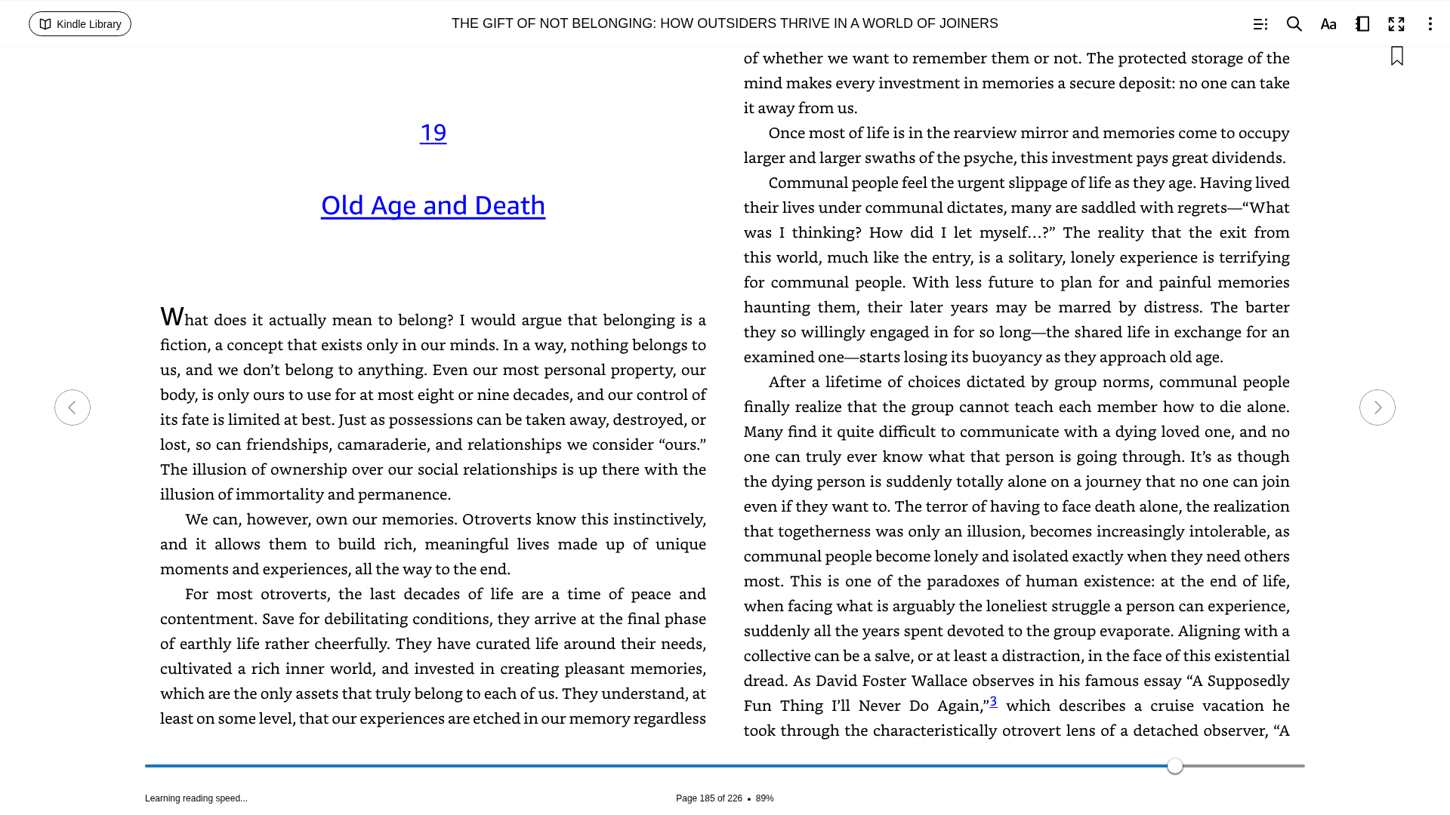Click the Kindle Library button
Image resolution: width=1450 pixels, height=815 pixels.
[80, 24]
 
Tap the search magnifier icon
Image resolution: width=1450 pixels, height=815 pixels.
[1294, 24]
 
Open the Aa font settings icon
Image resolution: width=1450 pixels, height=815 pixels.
[1328, 24]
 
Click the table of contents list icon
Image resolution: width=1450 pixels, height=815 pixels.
[1260, 24]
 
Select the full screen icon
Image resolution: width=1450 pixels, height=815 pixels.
[1396, 24]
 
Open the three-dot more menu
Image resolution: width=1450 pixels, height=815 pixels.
[1430, 24]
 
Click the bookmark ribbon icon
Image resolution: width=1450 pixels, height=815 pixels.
[1397, 57]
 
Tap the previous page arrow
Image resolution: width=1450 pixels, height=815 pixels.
[72, 407]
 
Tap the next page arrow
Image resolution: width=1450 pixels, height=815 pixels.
[1377, 407]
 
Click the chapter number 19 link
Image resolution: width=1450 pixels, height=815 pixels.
[433, 133]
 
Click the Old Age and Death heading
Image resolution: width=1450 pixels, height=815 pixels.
[433, 205]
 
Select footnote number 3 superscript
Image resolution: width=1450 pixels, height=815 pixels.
[993, 701]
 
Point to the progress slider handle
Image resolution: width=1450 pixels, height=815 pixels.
[1174, 766]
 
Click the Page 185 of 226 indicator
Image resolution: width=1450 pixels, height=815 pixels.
[708, 798]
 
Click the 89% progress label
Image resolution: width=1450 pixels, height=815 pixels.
[764, 798]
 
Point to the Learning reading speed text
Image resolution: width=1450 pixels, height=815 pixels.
[196, 798]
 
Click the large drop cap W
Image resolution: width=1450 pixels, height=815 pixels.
[172, 317]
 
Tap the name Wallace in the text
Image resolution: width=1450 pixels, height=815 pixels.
[939, 681]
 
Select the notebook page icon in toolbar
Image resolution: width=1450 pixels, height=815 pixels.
[1362, 24]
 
